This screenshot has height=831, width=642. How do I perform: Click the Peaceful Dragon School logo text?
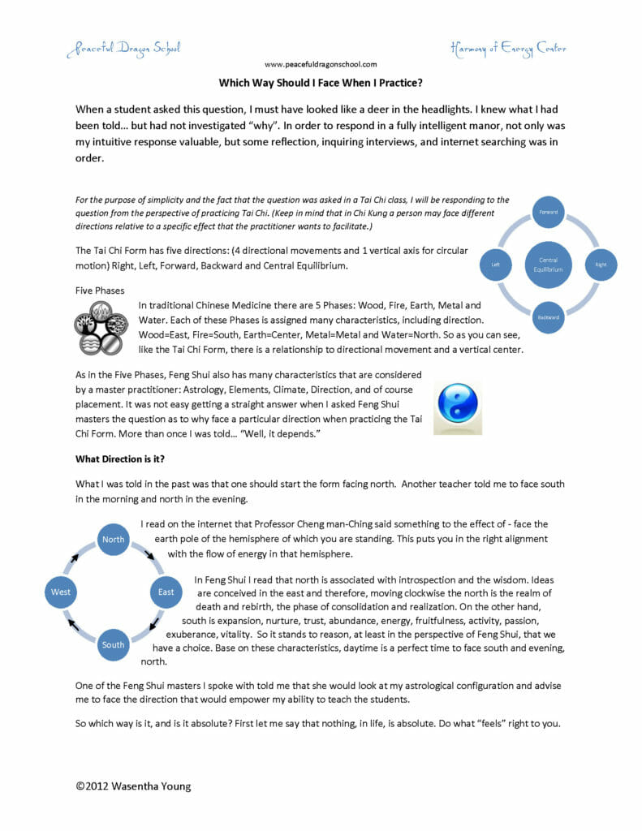click(x=123, y=48)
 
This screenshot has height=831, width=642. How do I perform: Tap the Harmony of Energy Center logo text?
click(x=508, y=48)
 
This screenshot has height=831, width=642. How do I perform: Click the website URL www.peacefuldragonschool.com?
click(x=320, y=64)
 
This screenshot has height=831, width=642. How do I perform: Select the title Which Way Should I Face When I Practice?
click(x=320, y=83)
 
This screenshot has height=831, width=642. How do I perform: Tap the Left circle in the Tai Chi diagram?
click(x=495, y=265)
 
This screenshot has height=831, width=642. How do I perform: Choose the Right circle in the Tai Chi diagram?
click(x=601, y=265)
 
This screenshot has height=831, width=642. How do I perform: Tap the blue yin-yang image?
click(x=458, y=405)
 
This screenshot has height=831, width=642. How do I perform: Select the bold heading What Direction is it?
click(x=120, y=459)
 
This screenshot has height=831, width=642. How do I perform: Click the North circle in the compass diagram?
click(x=114, y=539)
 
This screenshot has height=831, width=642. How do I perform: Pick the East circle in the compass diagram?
click(x=166, y=592)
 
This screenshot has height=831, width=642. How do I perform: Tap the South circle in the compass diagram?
click(x=114, y=644)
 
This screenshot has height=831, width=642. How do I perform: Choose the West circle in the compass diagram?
click(x=61, y=592)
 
